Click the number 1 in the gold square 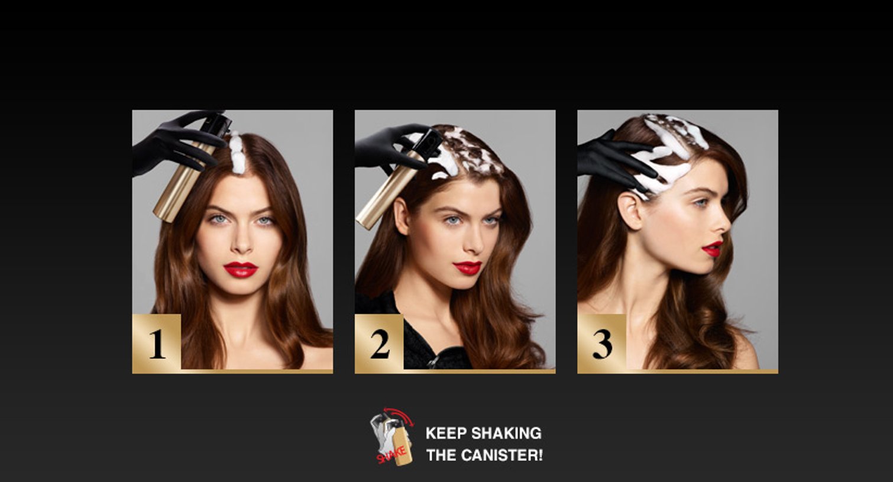[x=157, y=344]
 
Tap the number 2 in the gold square [x=380, y=344]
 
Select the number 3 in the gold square [x=603, y=344]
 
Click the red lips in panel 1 [x=241, y=270]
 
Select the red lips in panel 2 [x=468, y=268]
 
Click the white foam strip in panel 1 [x=237, y=153]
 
